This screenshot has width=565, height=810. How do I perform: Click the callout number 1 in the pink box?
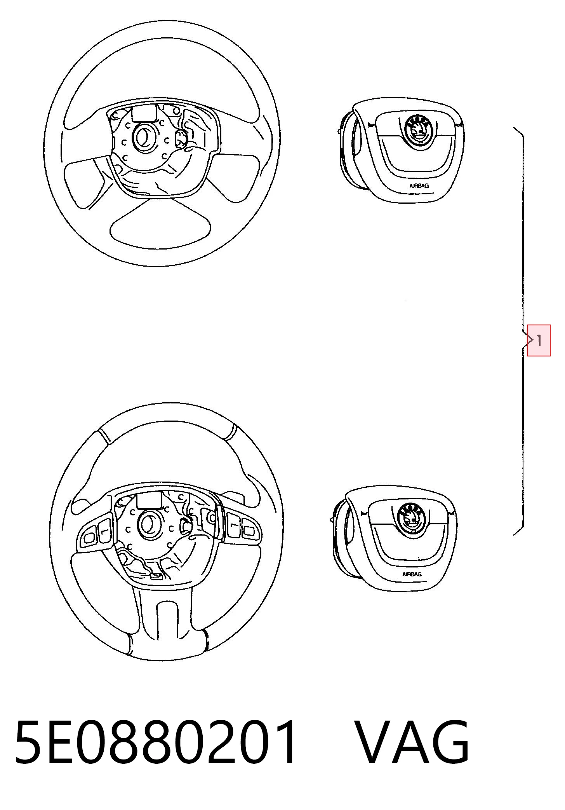[x=539, y=341]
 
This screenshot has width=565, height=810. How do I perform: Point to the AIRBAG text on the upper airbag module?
[x=419, y=186]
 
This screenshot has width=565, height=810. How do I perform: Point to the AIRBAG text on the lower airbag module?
[x=412, y=574]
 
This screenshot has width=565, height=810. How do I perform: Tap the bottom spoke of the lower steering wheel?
[x=167, y=618]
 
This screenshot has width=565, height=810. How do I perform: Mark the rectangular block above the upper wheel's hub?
[x=144, y=112]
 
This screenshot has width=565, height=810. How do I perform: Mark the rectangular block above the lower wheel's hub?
[x=149, y=499]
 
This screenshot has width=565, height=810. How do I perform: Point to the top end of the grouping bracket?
[x=513, y=127]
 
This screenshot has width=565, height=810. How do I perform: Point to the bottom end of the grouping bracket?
[x=513, y=535]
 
